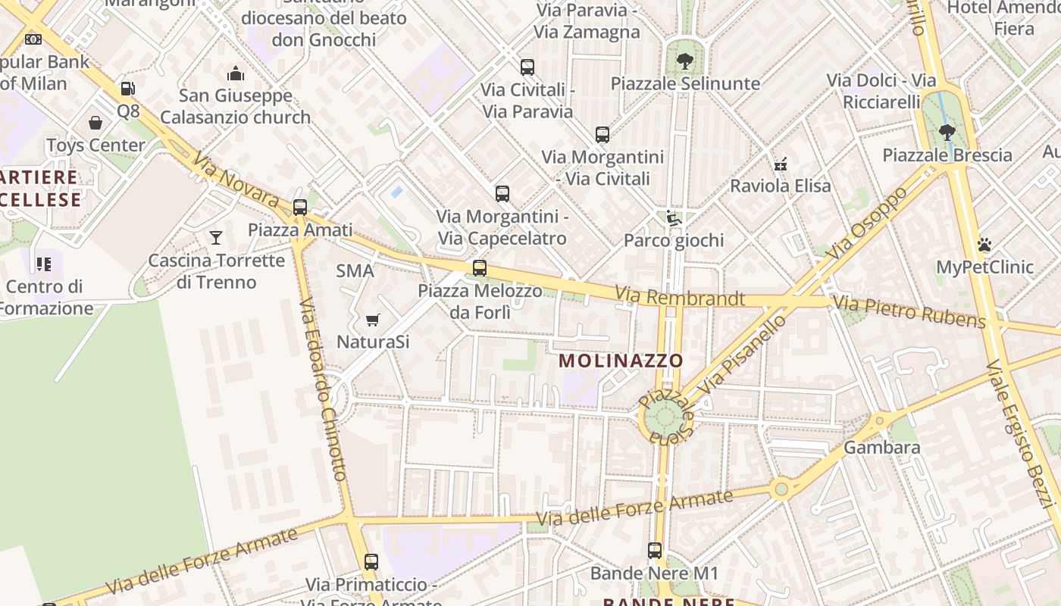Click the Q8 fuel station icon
click(x=127, y=89)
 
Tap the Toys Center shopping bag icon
click(x=95, y=123)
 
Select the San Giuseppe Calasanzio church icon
click(x=236, y=73)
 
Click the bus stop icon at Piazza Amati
click(x=300, y=207)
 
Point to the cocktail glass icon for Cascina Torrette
click(x=216, y=238)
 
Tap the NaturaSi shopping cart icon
click(x=372, y=320)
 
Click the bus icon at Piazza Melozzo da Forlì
click(x=479, y=267)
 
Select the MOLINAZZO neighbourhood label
click(x=621, y=361)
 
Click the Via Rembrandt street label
click(x=679, y=297)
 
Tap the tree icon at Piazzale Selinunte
click(x=684, y=61)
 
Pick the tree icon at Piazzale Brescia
click(x=947, y=133)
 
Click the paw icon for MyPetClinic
click(x=984, y=245)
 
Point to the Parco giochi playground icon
click(x=673, y=218)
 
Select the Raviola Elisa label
click(x=780, y=186)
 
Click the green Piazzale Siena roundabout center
click(x=665, y=417)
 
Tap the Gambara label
click(x=881, y=447)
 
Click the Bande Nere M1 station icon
click(x=655, y=551)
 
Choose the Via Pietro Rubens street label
click(x=909, y=312)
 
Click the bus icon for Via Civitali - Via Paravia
click(x=527, y=67)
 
